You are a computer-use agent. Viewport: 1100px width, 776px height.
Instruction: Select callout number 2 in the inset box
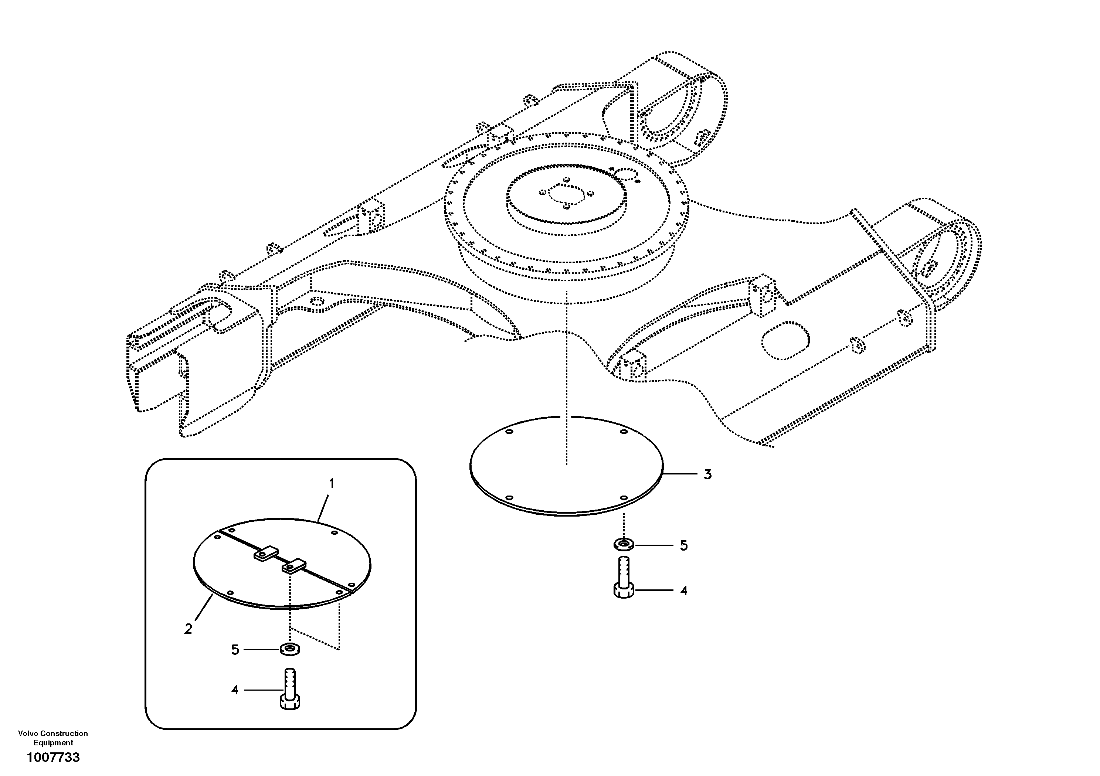(188, 629)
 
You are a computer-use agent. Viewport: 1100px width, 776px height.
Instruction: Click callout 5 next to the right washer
(684, 545)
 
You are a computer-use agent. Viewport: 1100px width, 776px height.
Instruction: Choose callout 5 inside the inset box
(235, 650)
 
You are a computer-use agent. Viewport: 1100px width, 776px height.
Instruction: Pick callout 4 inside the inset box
(235, 690)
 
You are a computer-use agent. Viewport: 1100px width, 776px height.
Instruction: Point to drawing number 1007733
(53, 757)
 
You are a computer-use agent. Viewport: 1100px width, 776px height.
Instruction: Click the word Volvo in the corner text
(28, 734)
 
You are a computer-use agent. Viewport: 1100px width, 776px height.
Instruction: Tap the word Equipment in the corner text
(53, 742)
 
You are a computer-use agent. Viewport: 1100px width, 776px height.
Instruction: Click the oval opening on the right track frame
(785, 341)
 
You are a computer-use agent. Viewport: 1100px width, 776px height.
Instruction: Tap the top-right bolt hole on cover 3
(624, 432)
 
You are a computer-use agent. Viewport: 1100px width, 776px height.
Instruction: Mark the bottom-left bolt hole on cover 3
(509, 498)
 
